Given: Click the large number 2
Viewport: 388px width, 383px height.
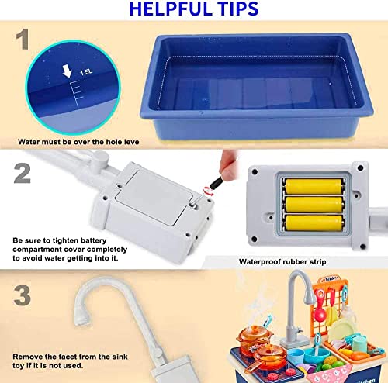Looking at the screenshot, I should pyautogui.click(x=22, y=171).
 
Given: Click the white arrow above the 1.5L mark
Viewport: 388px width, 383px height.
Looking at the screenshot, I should pyautogui.click(x=68, y=72).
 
